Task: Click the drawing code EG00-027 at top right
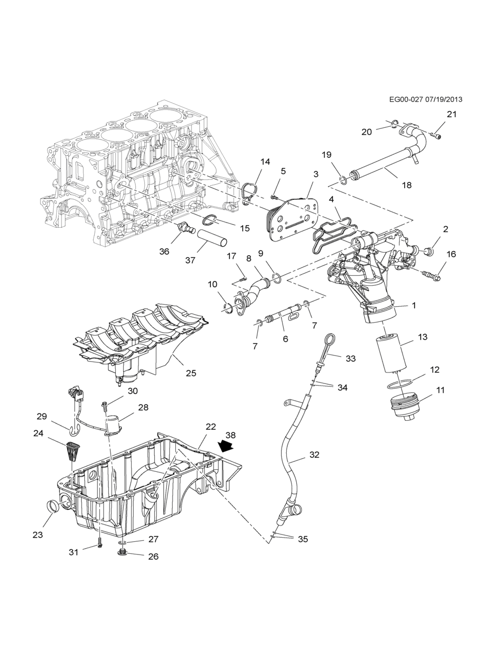point(405,99)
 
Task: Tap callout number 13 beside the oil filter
point(423,337)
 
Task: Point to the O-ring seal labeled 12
point(400,385)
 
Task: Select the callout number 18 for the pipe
point(407,185)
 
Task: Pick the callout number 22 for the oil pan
point(210,427)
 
